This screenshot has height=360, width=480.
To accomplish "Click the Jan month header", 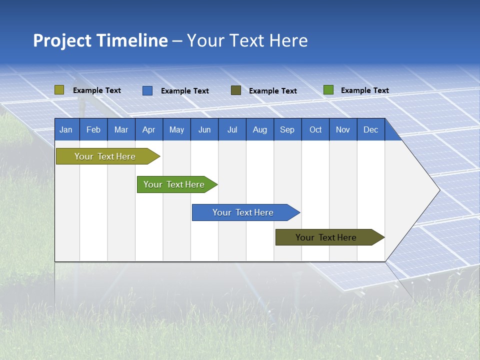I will tap(66, 130).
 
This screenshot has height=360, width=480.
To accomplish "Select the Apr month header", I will tap(149, 130).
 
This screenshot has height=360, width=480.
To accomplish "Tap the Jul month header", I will tap(232, 130).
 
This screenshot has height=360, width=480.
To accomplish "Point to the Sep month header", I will tap(287, 130).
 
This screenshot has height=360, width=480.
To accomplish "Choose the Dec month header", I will tap(370, 130).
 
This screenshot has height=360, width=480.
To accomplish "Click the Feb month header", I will tap(93, 130).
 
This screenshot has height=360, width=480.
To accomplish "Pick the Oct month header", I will tap(315, 130).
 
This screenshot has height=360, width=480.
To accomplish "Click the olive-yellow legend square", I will tap(59, 90).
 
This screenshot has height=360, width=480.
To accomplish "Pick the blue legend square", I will tap(147, 90).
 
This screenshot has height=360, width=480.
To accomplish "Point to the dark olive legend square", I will tap(236, 90).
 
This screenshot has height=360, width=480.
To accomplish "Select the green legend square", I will tap(328, 90).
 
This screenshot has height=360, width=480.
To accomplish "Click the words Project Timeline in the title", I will tap(100, 40).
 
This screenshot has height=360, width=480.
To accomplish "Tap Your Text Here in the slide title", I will tap(247, 40).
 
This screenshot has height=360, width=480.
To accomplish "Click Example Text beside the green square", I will tap(364, 90).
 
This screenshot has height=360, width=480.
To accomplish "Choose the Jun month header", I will tap(204, 130).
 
